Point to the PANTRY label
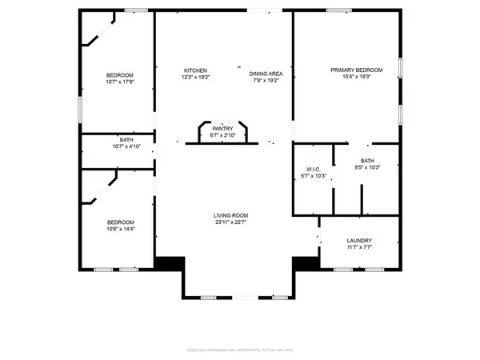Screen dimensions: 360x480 (x=222, y=128)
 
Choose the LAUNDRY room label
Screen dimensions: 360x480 (x=358, y=241)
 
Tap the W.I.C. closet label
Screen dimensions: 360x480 (x=313, y=168)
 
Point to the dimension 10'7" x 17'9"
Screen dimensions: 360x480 (x=119, y=81)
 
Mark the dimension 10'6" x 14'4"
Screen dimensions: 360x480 (x=121, y=229)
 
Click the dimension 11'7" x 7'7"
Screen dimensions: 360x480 (x=358, y=248)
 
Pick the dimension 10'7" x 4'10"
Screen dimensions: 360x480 (x=126, y=146)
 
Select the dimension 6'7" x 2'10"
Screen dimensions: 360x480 (x=222, y=135)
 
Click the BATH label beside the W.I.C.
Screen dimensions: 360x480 (x=366, y=161)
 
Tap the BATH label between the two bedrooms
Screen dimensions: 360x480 (x=126, y=139)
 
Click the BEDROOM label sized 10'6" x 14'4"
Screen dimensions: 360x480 (x=121, y=222)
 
